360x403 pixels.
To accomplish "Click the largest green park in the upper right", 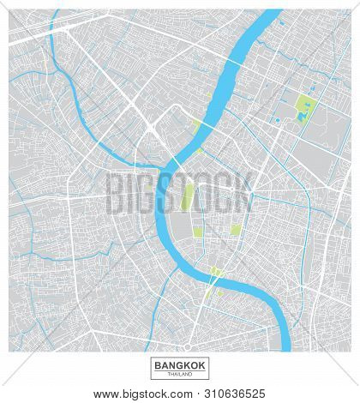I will tap(303, 109).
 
